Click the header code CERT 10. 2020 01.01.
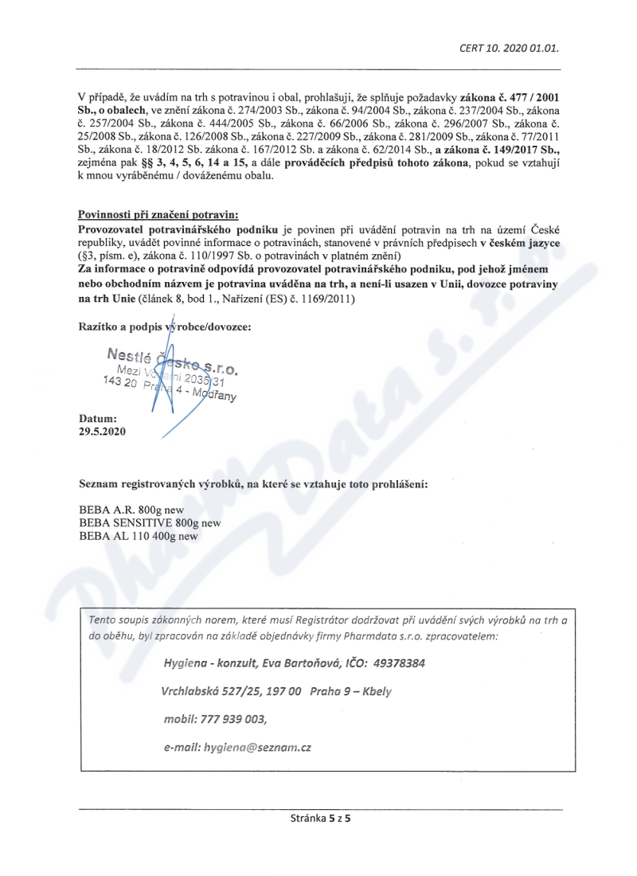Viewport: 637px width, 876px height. (508, 47)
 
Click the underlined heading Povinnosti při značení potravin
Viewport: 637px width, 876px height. (158, 215)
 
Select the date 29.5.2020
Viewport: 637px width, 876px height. (102, 432)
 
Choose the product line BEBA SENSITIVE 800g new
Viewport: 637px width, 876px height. (150, 523)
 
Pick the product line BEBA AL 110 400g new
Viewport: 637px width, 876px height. (139, 536)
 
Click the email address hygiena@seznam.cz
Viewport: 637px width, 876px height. (257, 749)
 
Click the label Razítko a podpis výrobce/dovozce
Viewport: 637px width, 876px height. (165, 327)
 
